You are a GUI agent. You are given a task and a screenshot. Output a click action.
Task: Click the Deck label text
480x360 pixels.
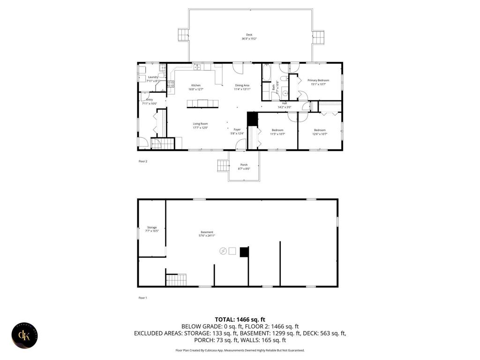249,35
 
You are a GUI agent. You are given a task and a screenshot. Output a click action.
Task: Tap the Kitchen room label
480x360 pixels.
195,85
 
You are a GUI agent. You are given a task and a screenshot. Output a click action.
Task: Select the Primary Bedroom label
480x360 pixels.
318,80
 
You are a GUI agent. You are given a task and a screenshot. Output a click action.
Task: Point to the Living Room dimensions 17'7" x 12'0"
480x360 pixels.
200,127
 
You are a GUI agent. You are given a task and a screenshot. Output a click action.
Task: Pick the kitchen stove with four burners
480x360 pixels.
171,84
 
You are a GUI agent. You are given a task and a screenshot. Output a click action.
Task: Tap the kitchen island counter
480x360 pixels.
202,104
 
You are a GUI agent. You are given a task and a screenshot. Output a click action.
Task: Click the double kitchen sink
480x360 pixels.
197,67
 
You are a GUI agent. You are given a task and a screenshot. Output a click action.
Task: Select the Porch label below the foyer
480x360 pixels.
244,165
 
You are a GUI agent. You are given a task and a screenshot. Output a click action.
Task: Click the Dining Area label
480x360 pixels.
242,85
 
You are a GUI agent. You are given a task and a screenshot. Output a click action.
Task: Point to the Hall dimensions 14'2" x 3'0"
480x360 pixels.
284,107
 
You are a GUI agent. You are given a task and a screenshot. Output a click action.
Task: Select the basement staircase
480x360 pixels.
177,280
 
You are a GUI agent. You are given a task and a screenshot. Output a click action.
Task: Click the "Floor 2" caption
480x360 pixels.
143,161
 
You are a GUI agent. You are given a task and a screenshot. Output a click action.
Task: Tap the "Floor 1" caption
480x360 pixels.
143,298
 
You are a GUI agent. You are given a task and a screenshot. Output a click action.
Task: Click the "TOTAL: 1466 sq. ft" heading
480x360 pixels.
240,319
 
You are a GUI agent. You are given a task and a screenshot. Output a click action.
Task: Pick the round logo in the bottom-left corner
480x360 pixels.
25,336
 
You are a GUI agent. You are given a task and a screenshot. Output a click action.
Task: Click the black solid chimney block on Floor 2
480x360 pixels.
253,119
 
